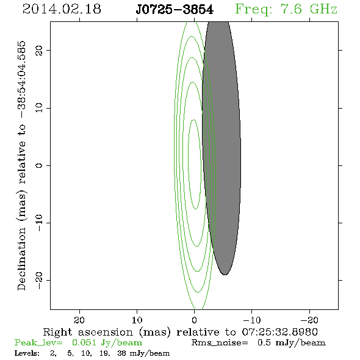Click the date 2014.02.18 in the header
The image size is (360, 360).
(62, 9)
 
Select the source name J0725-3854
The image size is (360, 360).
(175, 10)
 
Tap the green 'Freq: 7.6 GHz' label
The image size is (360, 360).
(286, 9)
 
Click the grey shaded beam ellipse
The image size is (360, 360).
(221, 147)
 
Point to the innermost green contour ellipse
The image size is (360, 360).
(189, 164)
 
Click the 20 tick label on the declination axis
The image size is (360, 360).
(39, 51)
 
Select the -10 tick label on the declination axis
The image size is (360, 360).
(39, 223)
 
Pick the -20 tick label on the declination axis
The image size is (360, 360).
(39, 280)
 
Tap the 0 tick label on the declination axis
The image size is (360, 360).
(39, 165)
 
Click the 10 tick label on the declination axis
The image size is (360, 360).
(39, 108)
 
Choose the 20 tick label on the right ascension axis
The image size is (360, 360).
(79, 320)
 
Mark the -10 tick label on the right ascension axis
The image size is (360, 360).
(252, 320)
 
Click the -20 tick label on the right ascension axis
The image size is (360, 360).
(309, 320)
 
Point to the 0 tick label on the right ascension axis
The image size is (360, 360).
(195, 320)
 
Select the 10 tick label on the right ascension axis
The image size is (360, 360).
(137, 320)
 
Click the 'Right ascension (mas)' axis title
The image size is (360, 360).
(107, 332)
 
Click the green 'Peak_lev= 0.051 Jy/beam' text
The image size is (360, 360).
(78, 343)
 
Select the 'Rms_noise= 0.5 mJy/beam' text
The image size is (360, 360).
(259, 343)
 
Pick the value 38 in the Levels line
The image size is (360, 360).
(121, 353)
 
